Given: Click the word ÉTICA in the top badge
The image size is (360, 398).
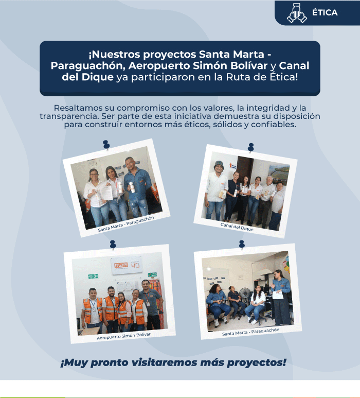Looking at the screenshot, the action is (x=325, y=12).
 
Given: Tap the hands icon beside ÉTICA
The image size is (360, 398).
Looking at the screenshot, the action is (x=297, y=13).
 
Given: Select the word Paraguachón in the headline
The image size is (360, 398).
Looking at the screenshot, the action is (x=88, y=66).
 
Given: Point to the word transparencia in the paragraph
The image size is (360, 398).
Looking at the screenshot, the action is (x=69, y=116).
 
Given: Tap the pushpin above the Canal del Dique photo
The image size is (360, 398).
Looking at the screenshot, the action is (x=251, y=147).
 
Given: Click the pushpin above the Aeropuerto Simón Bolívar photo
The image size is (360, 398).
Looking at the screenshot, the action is (x=113, y=245).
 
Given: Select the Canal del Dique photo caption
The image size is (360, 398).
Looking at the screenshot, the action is (x=237, y=227).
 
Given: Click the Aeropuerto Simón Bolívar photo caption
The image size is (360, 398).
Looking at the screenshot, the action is (x=124, y=336).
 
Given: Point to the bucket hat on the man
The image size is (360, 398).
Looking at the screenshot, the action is (x=219, y=165).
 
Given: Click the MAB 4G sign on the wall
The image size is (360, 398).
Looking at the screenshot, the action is (x=126, y=266).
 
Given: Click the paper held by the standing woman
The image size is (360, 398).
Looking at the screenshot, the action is (x=277, y=295).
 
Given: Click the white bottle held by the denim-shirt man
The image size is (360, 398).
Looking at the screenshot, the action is (x=132, y=187).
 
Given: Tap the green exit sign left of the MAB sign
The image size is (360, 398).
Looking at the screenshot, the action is (x=93, y=276).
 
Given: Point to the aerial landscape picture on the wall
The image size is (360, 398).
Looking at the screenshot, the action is (x=279, y=175).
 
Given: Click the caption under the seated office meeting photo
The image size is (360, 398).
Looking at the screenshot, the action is (x=251, y=332).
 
